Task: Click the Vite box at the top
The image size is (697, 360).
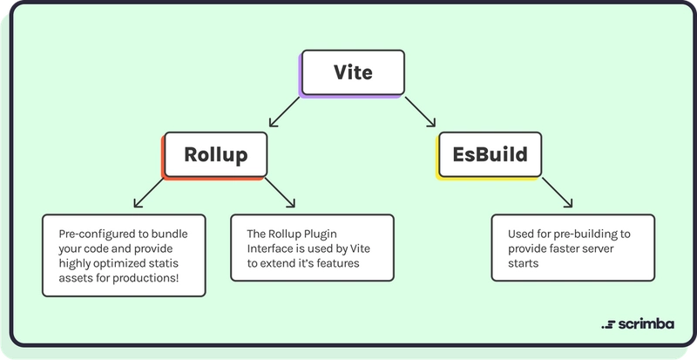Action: pyautogui.click(x=353, y=72)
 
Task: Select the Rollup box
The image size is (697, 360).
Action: pyautogui.click(x=216, y=154)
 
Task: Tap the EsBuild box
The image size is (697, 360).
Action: pyautogui.click(x=490, y=154)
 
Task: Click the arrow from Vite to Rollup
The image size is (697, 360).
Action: pyautogui.click(x=285, y=112)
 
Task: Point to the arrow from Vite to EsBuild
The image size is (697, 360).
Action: pyautogui.click(x=420, y=112)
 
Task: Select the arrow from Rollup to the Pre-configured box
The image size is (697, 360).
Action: pyautogui.click(x=149, y=193)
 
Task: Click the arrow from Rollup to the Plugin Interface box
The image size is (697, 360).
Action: pyautogui.click(x=280, y=193)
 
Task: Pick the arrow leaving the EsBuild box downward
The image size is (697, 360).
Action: pyautogui.click(x=557, y=193)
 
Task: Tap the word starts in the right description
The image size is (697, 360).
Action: pyautogui.click(x=524, y=263)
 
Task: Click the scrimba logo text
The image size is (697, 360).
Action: pyautogui.click(x=646, y=324)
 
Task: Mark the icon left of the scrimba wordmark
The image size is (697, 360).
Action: pyautogui.click(x=608, y=325)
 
